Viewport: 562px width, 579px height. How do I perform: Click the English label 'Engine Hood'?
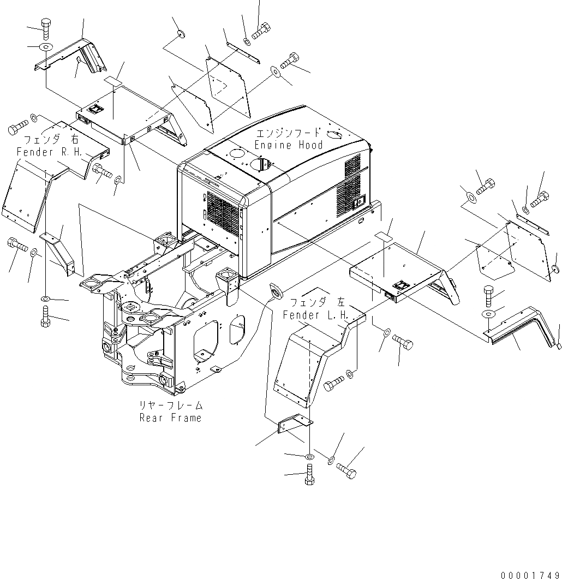289,145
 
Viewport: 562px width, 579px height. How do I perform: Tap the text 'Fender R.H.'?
50,152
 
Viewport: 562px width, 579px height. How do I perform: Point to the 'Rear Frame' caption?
170,418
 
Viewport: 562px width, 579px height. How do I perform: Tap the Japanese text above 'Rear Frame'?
170,406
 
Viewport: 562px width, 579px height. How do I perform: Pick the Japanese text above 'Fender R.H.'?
50,140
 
